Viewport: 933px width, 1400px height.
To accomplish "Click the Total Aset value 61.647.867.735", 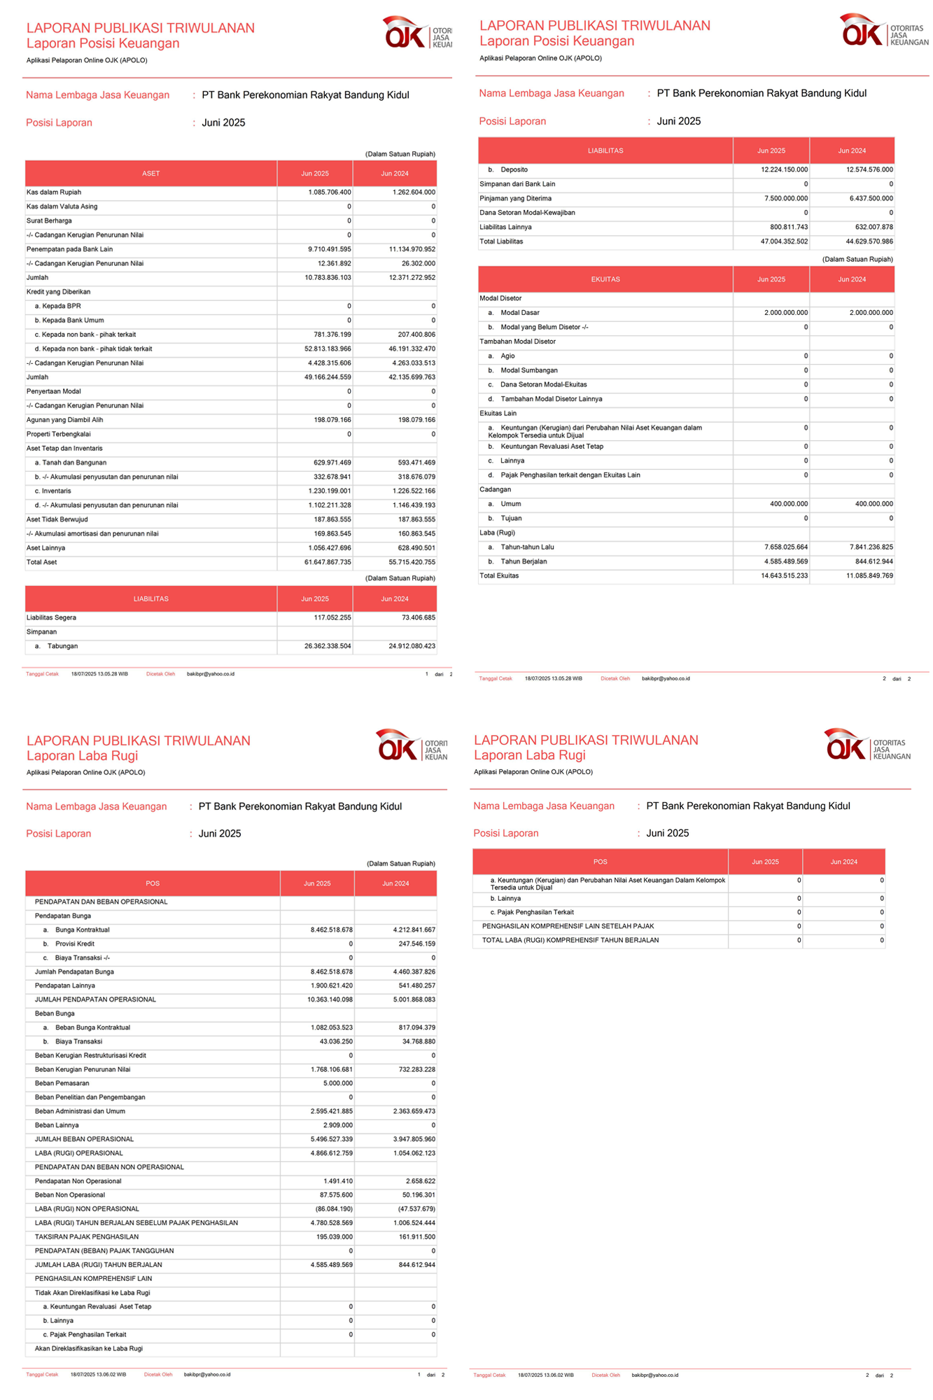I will click(328, 562).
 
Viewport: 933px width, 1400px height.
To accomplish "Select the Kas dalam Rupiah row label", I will click(54, 192).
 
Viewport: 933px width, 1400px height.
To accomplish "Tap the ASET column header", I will click(150, 173).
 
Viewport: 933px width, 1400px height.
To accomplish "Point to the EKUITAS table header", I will click(605, 279).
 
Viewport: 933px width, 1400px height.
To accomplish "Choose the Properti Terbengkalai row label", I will click(59, 434).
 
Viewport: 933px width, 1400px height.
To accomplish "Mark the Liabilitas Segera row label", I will click(51, 617).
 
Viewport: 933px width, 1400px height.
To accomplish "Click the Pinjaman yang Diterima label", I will click(515, 199).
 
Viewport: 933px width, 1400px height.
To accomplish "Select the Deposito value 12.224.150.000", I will click(784, 170).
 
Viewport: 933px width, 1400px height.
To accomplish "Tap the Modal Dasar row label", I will click(519, 313).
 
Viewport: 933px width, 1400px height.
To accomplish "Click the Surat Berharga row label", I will click(49, 220).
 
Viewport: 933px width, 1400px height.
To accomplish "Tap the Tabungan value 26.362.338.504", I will click(328, 646).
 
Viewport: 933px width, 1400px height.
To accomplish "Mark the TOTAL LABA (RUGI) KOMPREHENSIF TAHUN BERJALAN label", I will click(570, 940).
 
